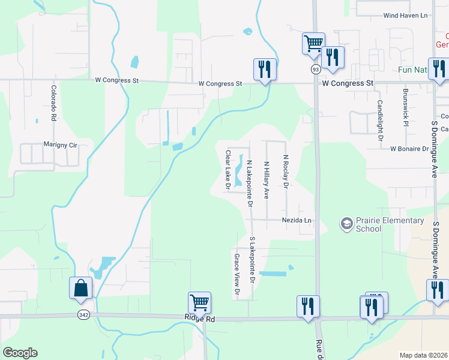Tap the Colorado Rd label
pos(53,103)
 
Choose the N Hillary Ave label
pos(267,179)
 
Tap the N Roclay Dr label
pos(286,171)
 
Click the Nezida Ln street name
pos(297,220)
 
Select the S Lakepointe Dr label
pos(253,260)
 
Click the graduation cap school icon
pos(346,224)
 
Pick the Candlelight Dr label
pos(380,120)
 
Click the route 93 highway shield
pos(315,70)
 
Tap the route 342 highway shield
pos(83,314)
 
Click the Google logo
pos(20,353)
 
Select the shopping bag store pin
pos(81,288)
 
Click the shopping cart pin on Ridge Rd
pos(199,302)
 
